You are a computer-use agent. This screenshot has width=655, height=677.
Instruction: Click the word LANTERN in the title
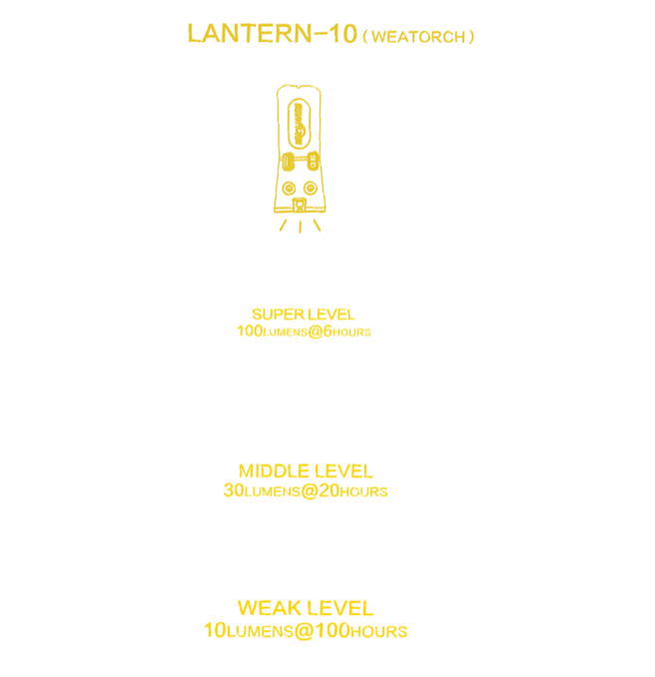click(x=250, y=34)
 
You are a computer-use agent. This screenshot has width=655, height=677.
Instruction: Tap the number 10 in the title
click(x=342, y=34)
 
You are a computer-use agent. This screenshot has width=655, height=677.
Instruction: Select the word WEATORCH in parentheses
click(x=418, y=37)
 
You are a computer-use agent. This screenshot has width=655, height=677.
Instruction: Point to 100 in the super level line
click(x=250, y=332)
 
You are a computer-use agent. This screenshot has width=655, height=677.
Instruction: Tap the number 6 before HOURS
click(x=327, y=332)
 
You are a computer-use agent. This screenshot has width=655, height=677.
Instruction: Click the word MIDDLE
click(x=274, y=471)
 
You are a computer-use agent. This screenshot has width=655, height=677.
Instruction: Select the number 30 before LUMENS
click(x=234, y=490)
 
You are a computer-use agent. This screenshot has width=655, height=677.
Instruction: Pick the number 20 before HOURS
click(x=329, y=490)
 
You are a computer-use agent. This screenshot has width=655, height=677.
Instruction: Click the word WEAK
click(x=264, y=608)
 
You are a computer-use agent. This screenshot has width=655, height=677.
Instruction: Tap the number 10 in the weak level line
click(x=215, y=630)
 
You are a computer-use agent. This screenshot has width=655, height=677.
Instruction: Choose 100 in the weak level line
click(x=332, y=630)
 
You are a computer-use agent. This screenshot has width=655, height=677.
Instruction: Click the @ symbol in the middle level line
click(x=310, y=491)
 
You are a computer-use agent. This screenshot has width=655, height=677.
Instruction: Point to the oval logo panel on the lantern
click(x=299, y=125)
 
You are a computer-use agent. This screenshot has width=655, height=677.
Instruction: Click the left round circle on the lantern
click(x=289, y=189)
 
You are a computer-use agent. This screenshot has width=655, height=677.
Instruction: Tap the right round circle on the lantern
click(x=310, y=189)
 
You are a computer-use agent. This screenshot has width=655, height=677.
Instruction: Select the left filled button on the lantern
click(x=288, y=162)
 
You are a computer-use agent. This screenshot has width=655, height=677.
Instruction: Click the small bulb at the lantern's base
click(x=299, y=205)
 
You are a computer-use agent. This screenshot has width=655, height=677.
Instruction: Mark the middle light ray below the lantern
click(x=301, y=227)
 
